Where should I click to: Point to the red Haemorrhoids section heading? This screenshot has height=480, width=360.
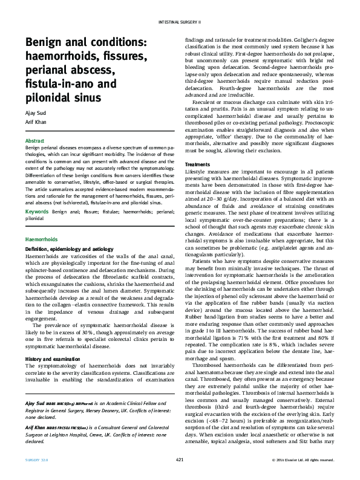[41, 239]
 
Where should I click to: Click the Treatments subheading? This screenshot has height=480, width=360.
[197, 164]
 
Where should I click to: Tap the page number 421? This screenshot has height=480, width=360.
[179, 459]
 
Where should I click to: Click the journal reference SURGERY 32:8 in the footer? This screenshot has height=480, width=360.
[37, 459]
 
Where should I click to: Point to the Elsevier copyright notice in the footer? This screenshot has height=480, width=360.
[303, 459]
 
